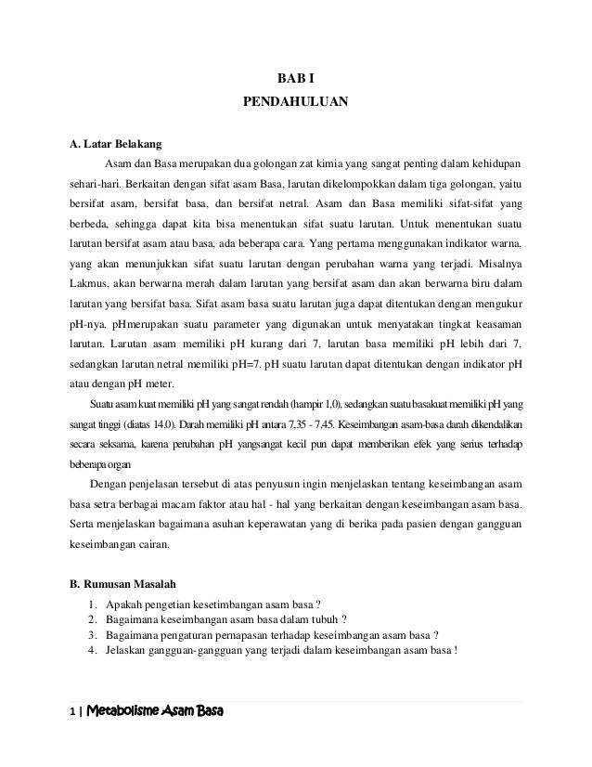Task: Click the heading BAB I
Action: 296,78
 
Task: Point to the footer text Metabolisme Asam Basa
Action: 155,714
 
